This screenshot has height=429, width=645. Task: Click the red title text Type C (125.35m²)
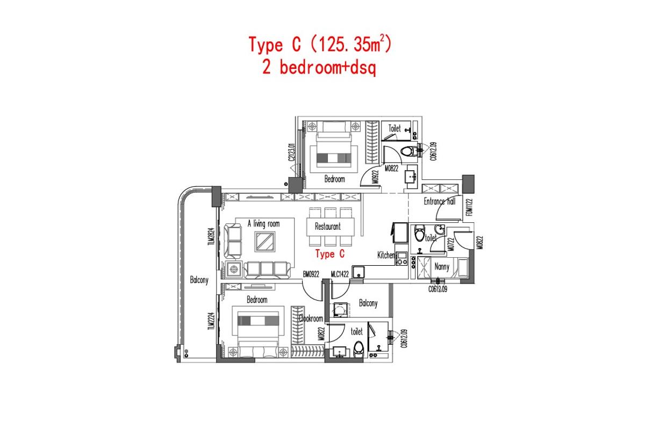point(319,45)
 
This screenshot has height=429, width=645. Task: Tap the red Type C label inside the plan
point(329,253)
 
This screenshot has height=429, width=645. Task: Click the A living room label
point(263,223)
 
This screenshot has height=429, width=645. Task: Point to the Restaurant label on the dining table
point(327,227)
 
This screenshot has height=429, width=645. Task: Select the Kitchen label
point(386,255)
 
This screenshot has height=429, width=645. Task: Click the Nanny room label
point(442,266)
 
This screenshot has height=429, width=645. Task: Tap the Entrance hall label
point(439,202)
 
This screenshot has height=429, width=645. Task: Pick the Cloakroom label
point(311,318)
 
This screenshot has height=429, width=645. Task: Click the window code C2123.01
point(291,152)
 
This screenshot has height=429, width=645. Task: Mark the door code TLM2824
point(211,236)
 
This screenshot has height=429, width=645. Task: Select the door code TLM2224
point(211,322)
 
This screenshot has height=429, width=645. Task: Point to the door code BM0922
point(311,274)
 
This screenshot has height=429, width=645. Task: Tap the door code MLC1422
point(340,274)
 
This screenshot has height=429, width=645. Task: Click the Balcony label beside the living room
point(199,280)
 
